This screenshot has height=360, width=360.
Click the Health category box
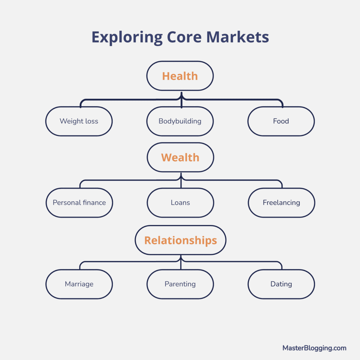tap(180, 76)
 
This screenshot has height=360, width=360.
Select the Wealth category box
tap(180, 157)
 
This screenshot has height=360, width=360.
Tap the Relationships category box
tap(180, 240)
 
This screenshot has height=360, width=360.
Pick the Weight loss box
tap(79, 121)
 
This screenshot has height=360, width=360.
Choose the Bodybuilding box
tap(180, 121)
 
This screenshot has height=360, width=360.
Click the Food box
tap(281, 121)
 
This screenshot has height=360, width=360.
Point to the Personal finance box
tap(79, 202)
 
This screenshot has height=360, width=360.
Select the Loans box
tap(180, 202)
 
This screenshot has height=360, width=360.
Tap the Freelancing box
tap(281, 202)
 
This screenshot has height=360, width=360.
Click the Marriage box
tap(79, 284)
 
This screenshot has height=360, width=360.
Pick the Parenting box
tap(180, 284)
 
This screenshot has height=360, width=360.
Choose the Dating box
tap(281, 284)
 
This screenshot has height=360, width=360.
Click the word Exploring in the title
tap(127, 37)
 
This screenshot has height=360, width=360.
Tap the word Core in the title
tap(184, 37)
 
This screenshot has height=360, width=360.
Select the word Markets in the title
tap(238, 37)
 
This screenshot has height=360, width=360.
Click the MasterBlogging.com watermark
tap(314, 348)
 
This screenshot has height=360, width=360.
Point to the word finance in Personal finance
tap(94, 202)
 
